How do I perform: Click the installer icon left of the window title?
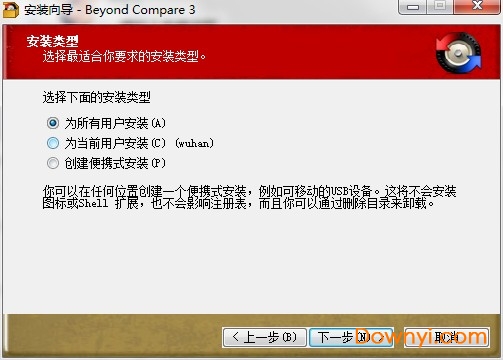(x=11, y=10)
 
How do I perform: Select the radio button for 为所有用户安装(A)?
(x=53, y=123)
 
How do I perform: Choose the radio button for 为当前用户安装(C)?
(x=53, y=143)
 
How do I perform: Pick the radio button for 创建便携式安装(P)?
(x=53, y=162)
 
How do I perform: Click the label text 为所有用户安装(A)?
(x=115, y=123)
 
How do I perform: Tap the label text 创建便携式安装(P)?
(x=115, y=162)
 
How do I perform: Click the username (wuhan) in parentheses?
(x=194, y=143)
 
